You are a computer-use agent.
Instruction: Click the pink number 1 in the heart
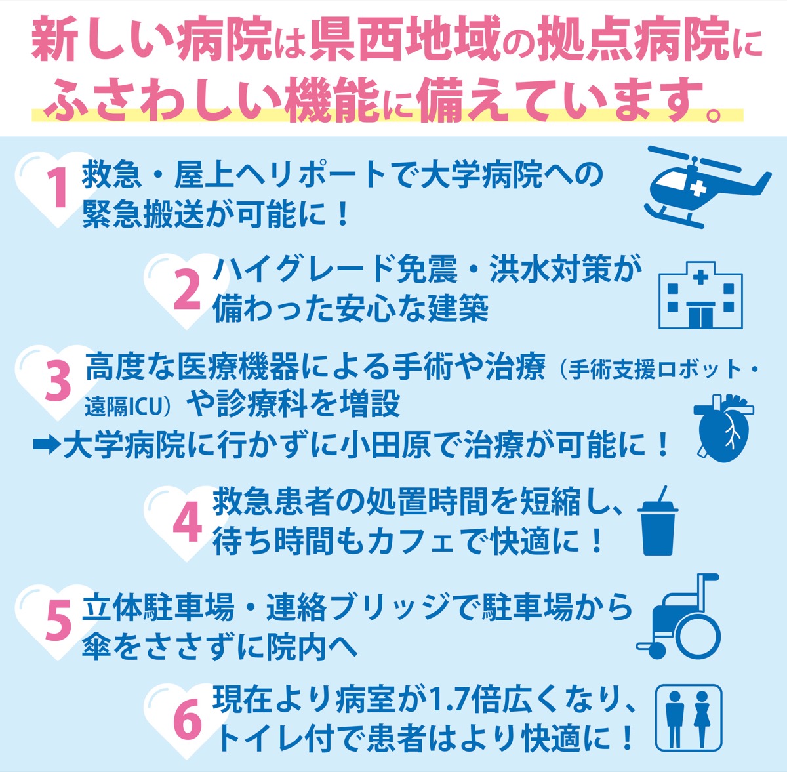pos(58,188)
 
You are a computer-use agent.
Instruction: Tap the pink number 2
pos(187,291)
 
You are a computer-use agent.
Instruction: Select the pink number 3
pos(58,383)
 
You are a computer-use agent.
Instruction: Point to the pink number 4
pos(188,522)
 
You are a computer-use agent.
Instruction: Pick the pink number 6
pos(188,722)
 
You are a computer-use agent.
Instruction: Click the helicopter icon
pos(708,187)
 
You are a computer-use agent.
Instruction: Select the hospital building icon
pos(700,295)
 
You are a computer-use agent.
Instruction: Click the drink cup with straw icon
pos(658,521)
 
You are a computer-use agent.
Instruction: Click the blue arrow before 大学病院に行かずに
pos(46,445)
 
